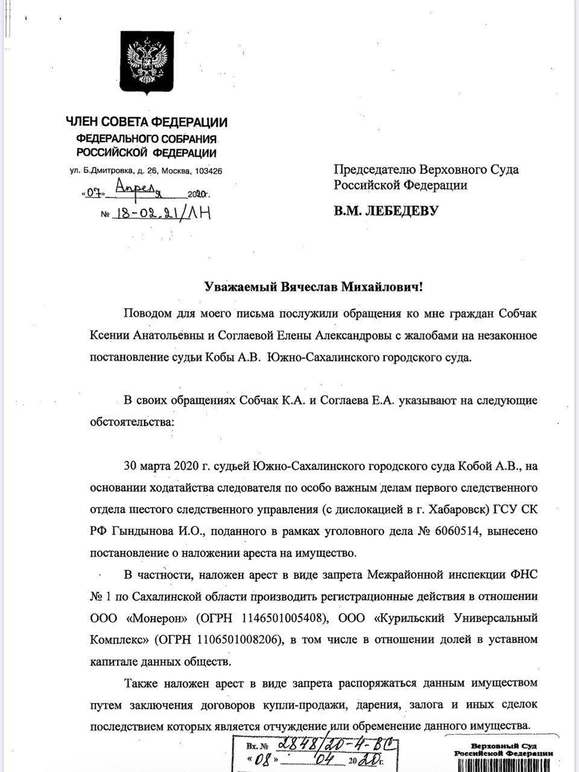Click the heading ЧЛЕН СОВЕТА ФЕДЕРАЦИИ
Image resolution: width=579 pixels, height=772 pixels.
(147, 123)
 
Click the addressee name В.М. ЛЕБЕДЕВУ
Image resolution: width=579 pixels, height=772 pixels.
(387, 210)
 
